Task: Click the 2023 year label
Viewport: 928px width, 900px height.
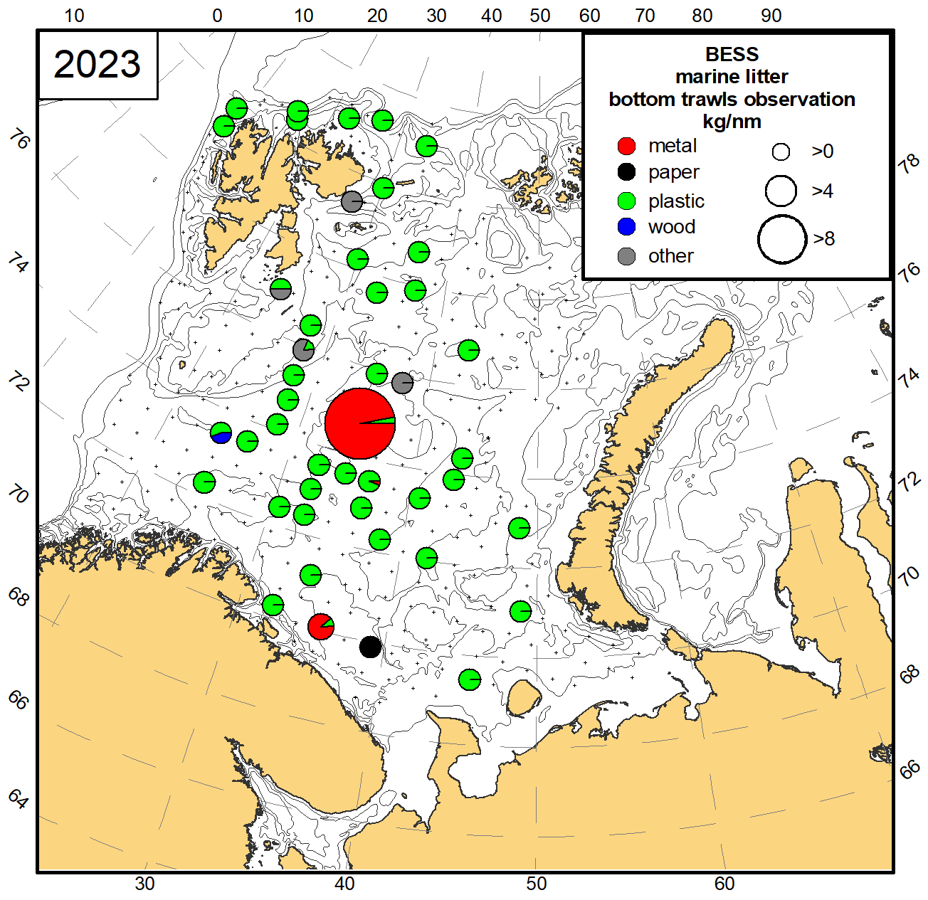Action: (x=97, y=64)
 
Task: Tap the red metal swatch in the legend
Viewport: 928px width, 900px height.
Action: (x=626, y=147)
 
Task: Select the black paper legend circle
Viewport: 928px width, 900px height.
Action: (x=626, y=172)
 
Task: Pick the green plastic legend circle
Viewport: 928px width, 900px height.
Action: (x=626, y=201)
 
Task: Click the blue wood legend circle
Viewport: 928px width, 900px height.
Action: (x=626, y=227)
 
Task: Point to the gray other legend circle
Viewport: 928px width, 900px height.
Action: (x=626, y=256)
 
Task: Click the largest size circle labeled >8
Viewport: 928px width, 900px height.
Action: (x=781, y=239)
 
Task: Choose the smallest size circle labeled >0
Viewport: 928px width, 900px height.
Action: (x=781, y=152)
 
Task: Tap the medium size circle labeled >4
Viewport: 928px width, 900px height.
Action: (x=781, y=191)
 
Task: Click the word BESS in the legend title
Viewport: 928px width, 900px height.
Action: (x=732, y=55)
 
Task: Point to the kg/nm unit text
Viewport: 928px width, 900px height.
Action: (x=732, y=122)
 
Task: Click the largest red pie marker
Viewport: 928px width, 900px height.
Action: (x=360, y=423)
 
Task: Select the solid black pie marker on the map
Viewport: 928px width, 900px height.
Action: (x=370, y=647)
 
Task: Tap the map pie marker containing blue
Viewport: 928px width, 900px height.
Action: (x=221, y=433)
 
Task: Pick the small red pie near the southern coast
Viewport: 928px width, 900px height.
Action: (x=321, y=626)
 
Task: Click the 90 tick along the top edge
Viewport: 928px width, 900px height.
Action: (x=771, y=16)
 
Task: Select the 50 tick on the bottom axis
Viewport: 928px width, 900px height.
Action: (x=536, y=884)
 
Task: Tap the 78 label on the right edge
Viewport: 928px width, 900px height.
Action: (x=909, y=164)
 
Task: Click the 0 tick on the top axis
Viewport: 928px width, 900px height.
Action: (x=218, y=16)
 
